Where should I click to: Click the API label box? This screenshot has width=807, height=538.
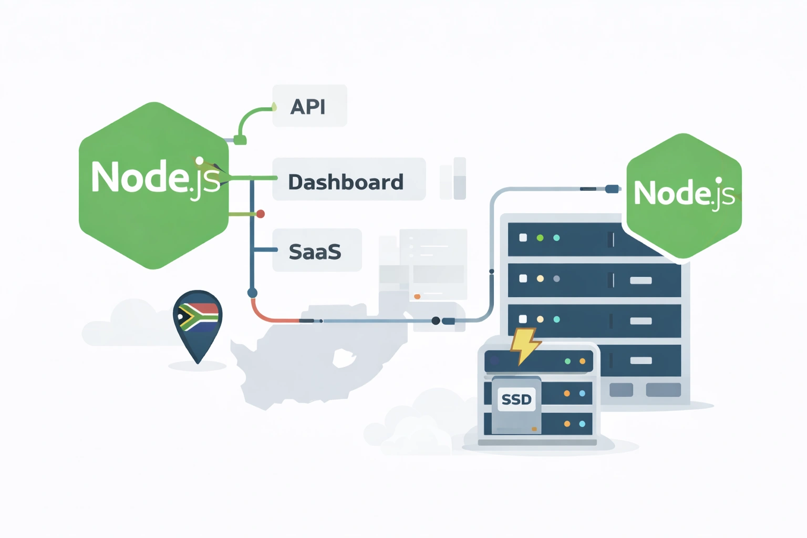309,106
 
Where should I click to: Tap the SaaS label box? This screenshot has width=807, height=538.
317,251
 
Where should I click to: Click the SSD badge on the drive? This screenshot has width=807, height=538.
516,400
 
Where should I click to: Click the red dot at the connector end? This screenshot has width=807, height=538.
260,214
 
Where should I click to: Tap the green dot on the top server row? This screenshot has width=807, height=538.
540,238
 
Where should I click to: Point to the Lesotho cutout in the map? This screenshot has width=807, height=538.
344,358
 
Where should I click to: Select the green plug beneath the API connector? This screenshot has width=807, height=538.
240,140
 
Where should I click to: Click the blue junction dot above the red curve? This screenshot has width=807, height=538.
252,293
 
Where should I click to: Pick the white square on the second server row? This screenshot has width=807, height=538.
523,278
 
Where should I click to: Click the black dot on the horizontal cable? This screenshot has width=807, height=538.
436,320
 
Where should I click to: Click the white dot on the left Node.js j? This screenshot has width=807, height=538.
200,161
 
